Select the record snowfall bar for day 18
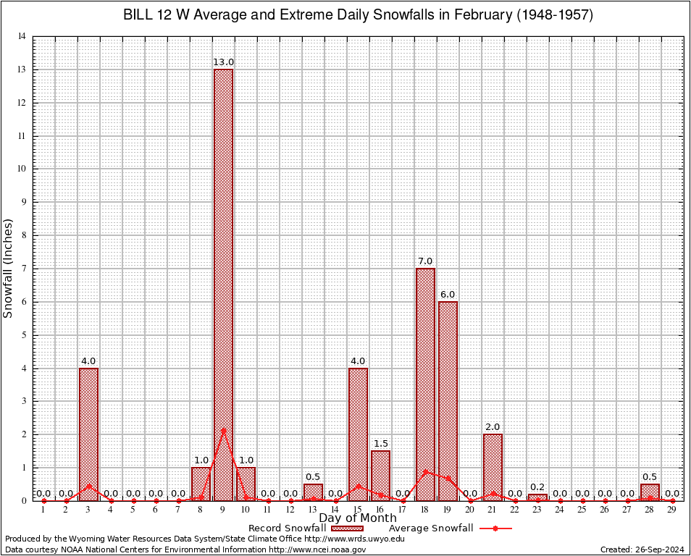pyautogui.click(x=425, y=384)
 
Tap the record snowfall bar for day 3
pyautogui.click(x=88, y=434)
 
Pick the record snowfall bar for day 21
pyautogui.click(x=493, y=467)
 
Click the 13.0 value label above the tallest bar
pyautogui.click(x=223, y=62)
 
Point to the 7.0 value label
pyautogui.click(x=425, y=261)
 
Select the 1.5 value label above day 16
pyautogui.click(x=380, y=443)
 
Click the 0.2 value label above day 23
pyautogui.click(x=537, y=487)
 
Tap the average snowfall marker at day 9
pyautogui.click(x=223, y=431)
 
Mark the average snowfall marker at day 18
pyautogui.click(x=425, y=472)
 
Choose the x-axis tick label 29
pyautogui.click(x=672, y=510)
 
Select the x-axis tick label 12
pyautogui.click(x=290, y=510)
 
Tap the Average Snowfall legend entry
pyautogui.click(x=450, y=528)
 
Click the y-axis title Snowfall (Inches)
pyautogui.click(x=9, y=268)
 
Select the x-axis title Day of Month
pyautogui.click(x=358, y=518)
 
